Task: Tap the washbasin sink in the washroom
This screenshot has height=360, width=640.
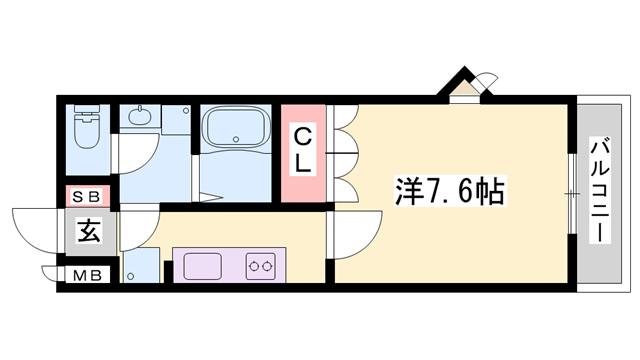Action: [x=139, y=117]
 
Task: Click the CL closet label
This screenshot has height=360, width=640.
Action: [x=304, y=148]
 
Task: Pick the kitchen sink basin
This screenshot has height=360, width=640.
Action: [x=204, y=266]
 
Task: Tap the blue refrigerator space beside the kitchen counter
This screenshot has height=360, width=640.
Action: [x=141, y=266]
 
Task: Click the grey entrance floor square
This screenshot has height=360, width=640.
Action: [x=89, y=233]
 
